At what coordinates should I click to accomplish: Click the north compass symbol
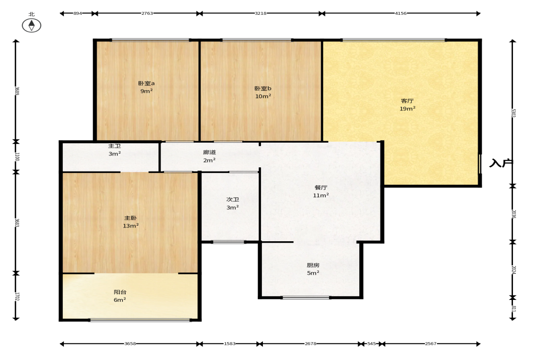click(32, 25)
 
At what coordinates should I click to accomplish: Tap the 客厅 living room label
click(407, 101)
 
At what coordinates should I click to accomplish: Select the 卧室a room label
click(146, 83)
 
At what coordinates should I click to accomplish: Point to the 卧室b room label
click(263, 89)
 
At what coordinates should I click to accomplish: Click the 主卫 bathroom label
click(115, 146)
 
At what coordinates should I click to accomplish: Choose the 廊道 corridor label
click(209, 152)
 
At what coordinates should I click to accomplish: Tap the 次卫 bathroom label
click(233, 199)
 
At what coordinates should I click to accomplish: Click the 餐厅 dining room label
click(321, 188)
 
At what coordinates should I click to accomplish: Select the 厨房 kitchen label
click(313, 266)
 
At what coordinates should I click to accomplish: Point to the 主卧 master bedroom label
click(130, 218)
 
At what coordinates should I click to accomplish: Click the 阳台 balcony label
click(120, 292)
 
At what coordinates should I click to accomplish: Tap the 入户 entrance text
click(501, 163)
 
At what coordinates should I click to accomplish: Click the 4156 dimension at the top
click(401, 13)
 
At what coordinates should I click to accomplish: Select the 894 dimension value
click(78, 13)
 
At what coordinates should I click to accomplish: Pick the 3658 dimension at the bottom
click(130, 343)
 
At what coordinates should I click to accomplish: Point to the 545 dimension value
click(372, 343)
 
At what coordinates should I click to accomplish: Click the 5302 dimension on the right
click(513, 113)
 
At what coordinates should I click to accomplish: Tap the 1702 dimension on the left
click(17, 297)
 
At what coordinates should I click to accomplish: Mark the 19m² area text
click(407, 109)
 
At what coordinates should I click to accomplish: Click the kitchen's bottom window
click(306, 297)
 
